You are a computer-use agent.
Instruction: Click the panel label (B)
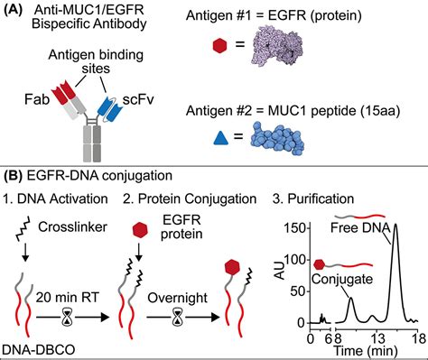point(14,171)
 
